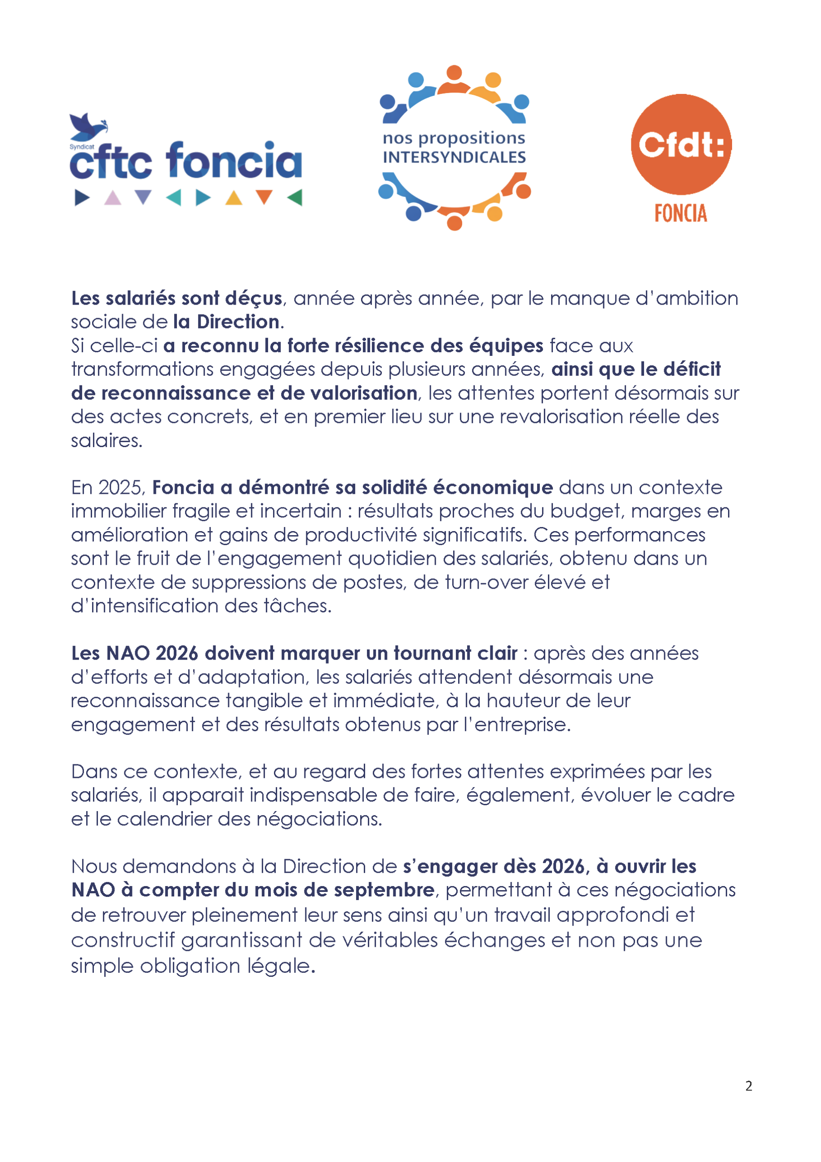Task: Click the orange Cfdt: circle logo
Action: tap(681, 144)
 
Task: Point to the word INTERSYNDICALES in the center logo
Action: tap(454, 158)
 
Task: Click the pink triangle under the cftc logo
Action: tap(112, 198)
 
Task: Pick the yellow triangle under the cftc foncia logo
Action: tap(234, 198)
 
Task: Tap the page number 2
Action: tap(749, 1086)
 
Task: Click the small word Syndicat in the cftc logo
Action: tap(82, 147)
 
